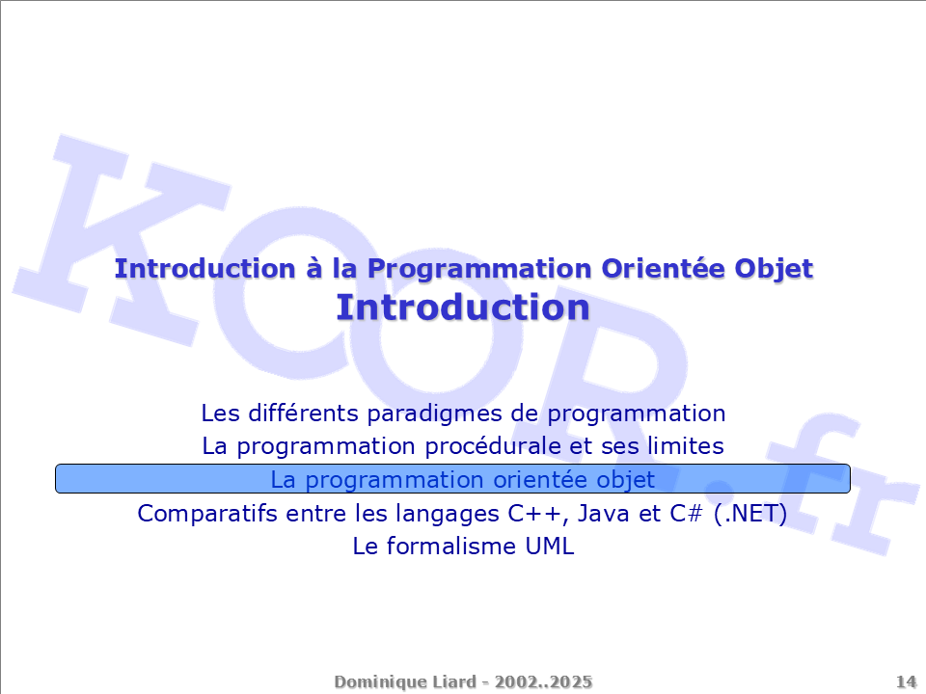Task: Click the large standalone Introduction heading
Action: (x=463, y=307)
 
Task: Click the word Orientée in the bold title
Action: (x=664, y=269)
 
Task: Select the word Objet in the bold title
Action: (x=774, y=269)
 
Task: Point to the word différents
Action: (x=303, y=414)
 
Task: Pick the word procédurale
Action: (x=493, y=446)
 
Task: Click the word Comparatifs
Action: (x=207, y=514)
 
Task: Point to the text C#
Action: (x=686, y=514)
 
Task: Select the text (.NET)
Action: (x=750, y=514)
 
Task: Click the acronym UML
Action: (x=550, y=547)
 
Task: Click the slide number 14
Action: (x=906, y=682)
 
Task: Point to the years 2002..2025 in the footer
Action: (x=543, y=682)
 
